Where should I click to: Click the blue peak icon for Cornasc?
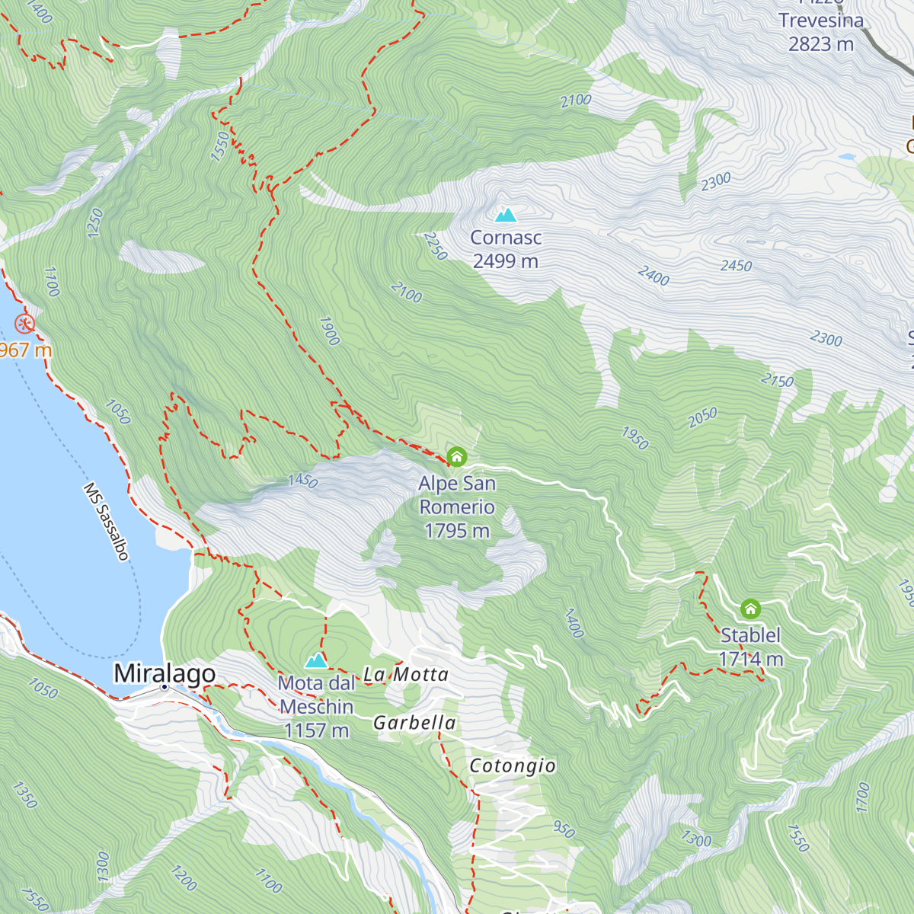tap(506, 215)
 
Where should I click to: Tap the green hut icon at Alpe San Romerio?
tap(456, 457)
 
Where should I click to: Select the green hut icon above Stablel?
tap(750, 609)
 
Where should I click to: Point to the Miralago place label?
tap(165, 673)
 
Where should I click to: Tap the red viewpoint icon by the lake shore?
tap(25, 324)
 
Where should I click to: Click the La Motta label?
tap(405, 674)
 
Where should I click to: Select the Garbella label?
tap(414, 723)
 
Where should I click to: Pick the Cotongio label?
tap(512, 765)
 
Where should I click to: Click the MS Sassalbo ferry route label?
tap(106, 521)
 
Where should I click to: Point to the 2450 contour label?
tap(736, 266)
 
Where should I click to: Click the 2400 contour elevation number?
tap(654, 275)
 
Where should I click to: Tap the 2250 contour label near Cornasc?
tap(434, 246)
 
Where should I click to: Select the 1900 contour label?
tap(329, 331)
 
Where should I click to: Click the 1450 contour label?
tap(302, 481)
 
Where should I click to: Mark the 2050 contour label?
tap(702, 417)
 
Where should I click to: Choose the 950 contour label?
tap(564, 829)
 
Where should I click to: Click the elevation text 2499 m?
tap(505, 261)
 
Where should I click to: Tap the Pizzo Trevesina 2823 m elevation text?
tap(820, 44)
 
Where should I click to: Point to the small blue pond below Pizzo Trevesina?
tap(846, 157)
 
